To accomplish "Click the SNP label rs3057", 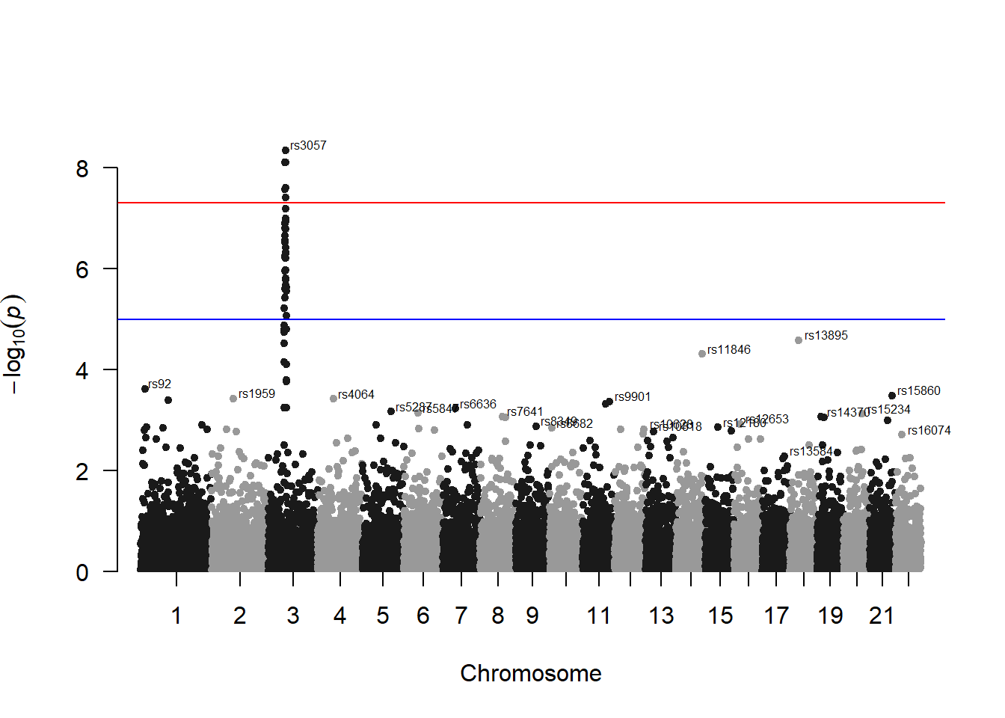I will [x=308, y=145].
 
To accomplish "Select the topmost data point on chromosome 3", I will [x=286, y=150].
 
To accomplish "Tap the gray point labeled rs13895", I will [x=799, y=340].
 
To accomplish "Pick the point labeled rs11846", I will [x=702, y=354].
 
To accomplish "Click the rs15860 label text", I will [x=918, y=390].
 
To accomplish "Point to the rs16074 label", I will [x=929, y=430].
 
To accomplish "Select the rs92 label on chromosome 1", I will [x=160, y=384].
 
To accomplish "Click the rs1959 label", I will [x=256, y=393].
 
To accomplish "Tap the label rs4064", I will [x=356, y=394].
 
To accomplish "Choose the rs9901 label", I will [x=633, y=396].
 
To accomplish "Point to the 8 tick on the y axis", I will [x=82, y=168].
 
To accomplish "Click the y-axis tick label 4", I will [x=82, y=370].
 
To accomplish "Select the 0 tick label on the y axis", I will [x=82, y=572].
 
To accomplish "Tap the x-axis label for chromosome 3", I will [x=293, y=616].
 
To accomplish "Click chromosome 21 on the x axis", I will [x=882, y=616].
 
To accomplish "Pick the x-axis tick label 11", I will [x=599, y=616].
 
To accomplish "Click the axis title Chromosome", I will [x=531, y=673].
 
